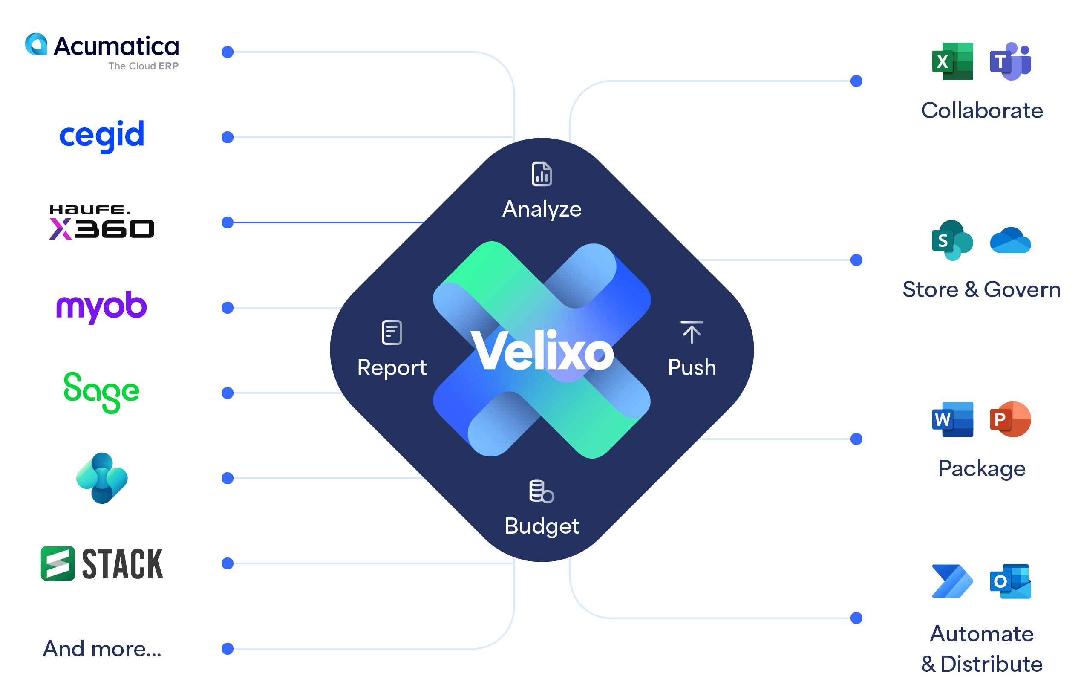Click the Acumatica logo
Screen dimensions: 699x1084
(x=102, y=51)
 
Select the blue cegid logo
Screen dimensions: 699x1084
(x=102, y=135)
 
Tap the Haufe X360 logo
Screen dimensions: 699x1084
(x=102, y=222)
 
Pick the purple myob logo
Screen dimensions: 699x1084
(x=102, y=307)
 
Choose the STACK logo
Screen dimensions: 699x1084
(x=102, y=563)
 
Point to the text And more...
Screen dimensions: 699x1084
(x=102, y=649)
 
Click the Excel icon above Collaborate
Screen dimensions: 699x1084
(x=952, y=61)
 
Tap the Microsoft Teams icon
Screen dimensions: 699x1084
(x=1010, y=61)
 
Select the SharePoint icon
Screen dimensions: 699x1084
(x=952, y=240)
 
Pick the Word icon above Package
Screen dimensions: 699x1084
(x=952, y=419)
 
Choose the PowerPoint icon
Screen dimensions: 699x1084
(x=1010, y=419)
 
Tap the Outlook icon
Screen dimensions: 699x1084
(x=1010, y=581)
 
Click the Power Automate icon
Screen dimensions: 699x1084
(x=952, y=581)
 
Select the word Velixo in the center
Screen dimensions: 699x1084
(x=542, y=350)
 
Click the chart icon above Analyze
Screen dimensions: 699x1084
(x=542, y=174)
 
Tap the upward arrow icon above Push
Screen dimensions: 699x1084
(x=692, y=332)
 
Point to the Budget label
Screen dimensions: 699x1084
(x=542, y=526)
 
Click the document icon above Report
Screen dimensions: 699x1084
(x=392, y=332)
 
